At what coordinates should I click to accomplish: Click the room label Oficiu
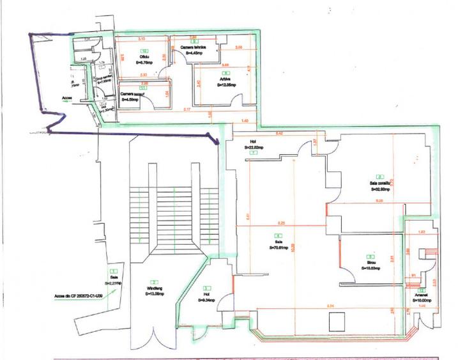point(144,57)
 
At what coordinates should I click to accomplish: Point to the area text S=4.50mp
point(133,100)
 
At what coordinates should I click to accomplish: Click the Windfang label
point(153,288)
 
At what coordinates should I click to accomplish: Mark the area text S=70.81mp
point(279,247)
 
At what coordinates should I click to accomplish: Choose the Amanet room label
point(421,295)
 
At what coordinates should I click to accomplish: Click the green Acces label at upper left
point(67,98)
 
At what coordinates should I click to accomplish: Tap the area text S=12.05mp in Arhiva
point(227,84)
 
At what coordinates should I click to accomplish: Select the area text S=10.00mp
point(422,300)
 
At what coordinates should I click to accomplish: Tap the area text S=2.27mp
point(113,282)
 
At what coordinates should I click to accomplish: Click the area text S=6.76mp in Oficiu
point(144,63)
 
